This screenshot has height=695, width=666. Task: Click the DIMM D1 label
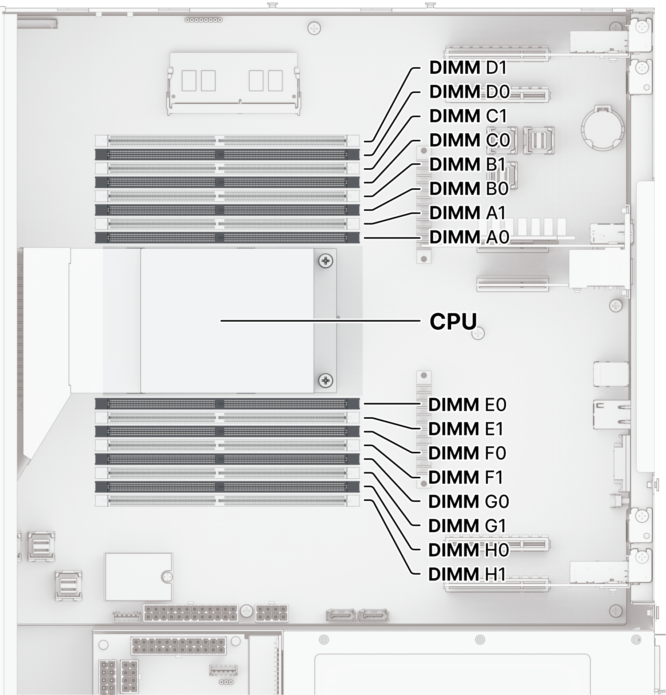(468, 68)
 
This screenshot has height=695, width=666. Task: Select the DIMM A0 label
(469, 237)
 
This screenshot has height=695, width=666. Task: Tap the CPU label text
(453, 321)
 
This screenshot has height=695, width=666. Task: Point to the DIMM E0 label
(467, 405)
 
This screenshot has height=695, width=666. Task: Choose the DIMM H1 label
(467, 574)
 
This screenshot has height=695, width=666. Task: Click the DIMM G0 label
(468, 502)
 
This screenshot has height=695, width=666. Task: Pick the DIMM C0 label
(469, 140)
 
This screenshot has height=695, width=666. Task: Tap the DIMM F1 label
(466, 477)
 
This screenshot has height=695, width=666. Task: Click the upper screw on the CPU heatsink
(325, 261)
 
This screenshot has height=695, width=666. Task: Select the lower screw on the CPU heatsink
(325, 381)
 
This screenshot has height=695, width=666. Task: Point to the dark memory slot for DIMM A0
(227, 238)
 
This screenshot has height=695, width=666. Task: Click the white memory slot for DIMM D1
(227, 141)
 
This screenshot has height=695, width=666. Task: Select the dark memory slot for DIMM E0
(227, 403)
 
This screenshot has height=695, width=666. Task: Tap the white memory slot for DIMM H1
(227, 501)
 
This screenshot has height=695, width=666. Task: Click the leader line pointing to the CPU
(320, 321)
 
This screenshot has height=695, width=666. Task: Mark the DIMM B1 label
(468, 165)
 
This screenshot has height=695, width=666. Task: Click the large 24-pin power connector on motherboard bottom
(190, 613)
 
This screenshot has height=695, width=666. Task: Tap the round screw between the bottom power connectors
(246, 611)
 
